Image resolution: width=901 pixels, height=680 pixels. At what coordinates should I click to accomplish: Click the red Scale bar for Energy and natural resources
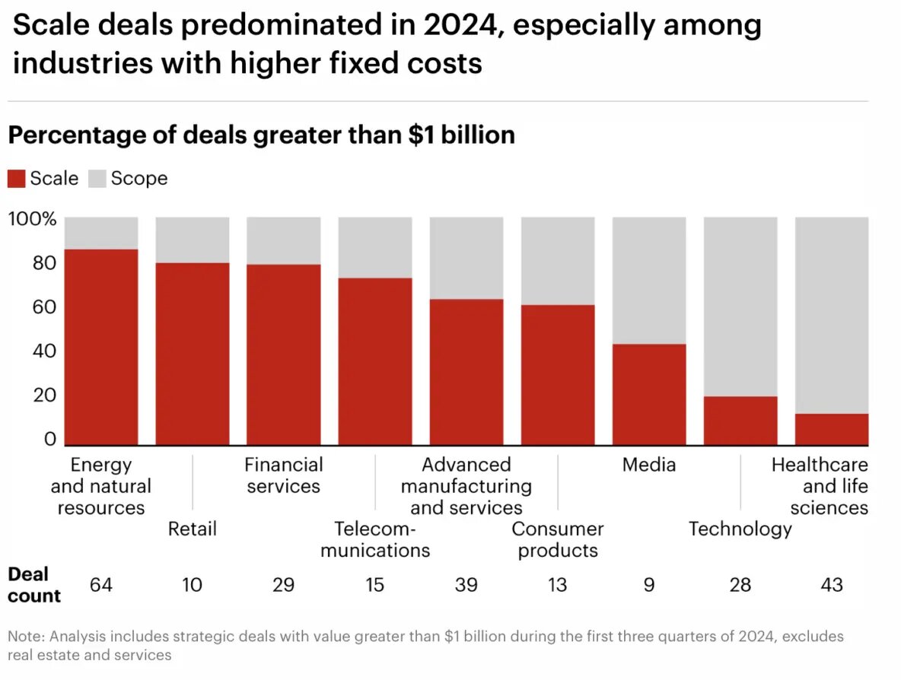pyautogui.click(x=101, y=347)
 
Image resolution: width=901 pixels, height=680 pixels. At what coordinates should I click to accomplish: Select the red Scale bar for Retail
pyautogui.click(x=193, y=354)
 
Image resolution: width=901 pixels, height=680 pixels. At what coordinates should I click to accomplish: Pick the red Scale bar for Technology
pyautogui.click(x=740, y=421)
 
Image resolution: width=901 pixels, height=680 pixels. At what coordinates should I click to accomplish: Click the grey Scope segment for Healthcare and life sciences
pyautogui.click(x=832, y=315)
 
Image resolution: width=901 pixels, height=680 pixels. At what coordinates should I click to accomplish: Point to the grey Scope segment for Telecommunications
pyautogui.click(x=375, y=247)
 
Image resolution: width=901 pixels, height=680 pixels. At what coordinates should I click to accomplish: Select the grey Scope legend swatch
pyautogui.click(x=97, y=179)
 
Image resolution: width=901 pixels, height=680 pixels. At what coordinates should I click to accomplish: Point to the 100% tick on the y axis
pyautogui.click(x=33, y=219)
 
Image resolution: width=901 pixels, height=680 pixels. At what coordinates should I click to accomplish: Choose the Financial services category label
pyautogui.click(x=284, y=475)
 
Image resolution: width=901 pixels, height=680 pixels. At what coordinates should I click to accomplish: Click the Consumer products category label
pyautogui.click(x=558, y=539)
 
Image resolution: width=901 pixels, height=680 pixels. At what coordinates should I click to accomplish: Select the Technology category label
pyautogui.click(x=740, y=529)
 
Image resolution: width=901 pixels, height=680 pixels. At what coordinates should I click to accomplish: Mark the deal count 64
pyautogui.click(x=101, y=585)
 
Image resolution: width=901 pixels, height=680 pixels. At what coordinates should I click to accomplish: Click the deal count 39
pyautogui.click(x=466, y=585)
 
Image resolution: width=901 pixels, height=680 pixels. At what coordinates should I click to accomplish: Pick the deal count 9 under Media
pyautogui.click(x=649, y=585)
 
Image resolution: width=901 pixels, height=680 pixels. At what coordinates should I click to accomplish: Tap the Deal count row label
pyautogui.click(x=34, y=584)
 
